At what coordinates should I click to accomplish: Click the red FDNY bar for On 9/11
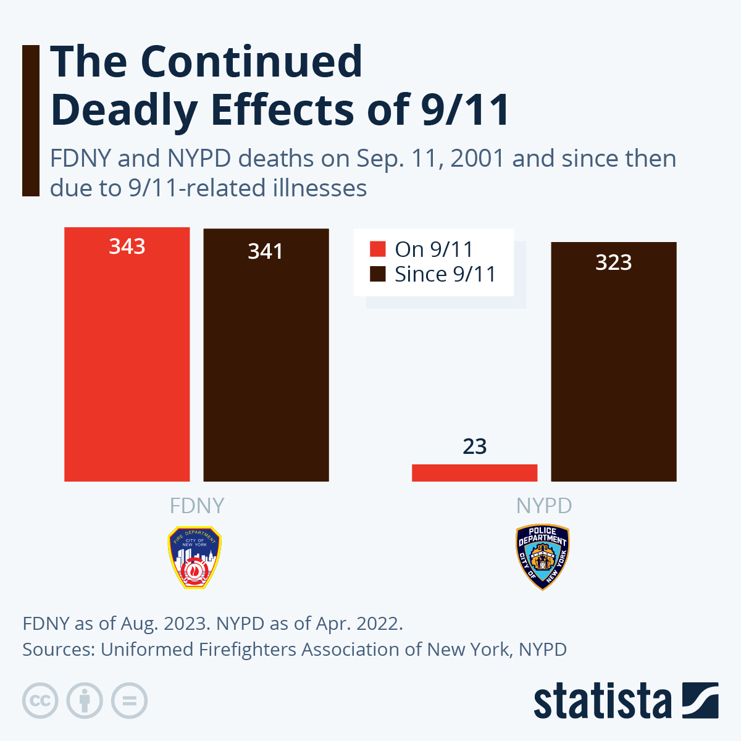127,364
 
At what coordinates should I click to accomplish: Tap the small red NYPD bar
474,472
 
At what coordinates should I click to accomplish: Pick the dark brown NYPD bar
613,371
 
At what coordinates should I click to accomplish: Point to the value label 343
127,246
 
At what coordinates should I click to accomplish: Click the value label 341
266,251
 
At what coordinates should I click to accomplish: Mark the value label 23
474,446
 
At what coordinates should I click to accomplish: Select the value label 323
613,262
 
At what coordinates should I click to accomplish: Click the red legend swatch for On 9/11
377,249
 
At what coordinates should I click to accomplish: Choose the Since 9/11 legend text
445,274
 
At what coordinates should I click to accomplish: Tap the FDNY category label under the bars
196,506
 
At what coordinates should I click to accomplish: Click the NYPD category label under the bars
544,506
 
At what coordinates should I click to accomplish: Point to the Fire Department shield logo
195,557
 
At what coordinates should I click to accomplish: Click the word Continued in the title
251,62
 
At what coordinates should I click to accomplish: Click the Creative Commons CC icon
40,701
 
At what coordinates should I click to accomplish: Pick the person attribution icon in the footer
85,701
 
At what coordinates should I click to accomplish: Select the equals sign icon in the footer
129,701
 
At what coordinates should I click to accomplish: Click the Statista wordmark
602,701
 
